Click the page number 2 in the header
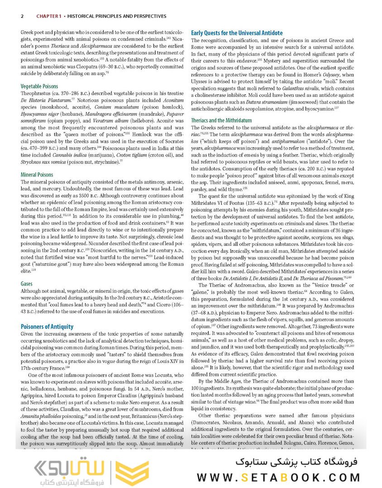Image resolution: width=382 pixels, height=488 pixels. (x=22, y=16)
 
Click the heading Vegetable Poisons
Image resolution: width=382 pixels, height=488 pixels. (x=39, y=86)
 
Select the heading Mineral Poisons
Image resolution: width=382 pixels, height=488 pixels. (x=37, y=174)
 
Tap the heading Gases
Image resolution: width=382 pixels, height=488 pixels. (x=27, y=284)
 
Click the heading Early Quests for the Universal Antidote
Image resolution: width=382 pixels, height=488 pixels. (x=237, y=33)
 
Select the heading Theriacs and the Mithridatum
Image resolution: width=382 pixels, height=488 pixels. (x=221, y=121)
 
